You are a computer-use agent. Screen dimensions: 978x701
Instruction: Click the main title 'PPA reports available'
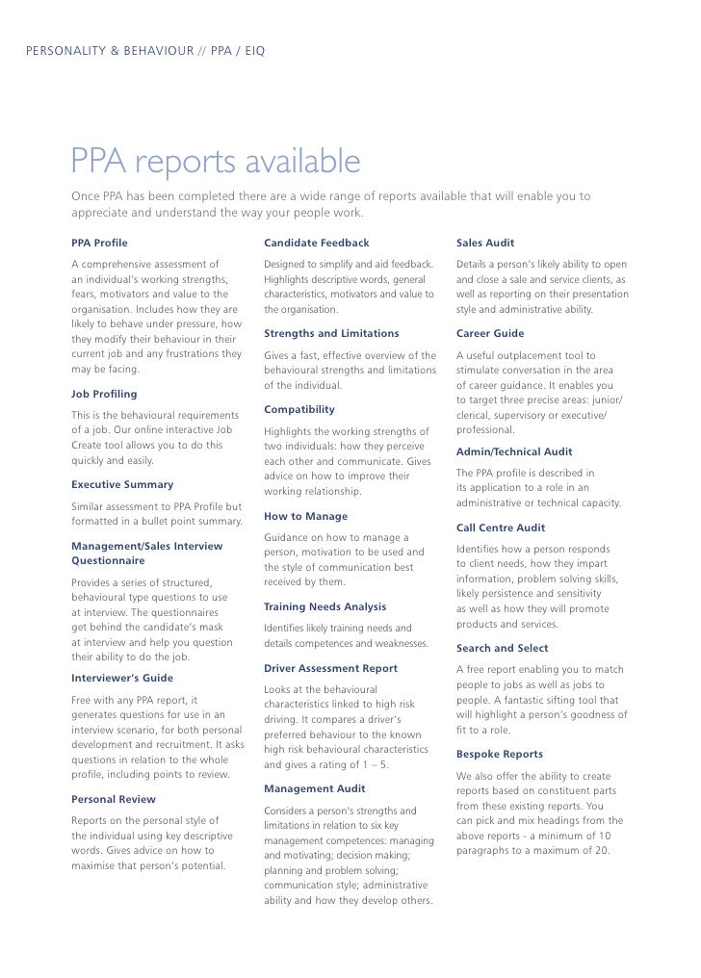click(x=215, y=164)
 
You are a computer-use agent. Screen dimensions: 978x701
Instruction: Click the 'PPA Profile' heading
click(x=99, y=243)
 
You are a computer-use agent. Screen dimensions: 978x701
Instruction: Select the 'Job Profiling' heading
click(x=104, y=394)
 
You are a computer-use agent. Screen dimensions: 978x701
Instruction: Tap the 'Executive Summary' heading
click(x=122, y=484)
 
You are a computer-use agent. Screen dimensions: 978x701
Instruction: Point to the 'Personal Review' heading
click(x=114, y=799)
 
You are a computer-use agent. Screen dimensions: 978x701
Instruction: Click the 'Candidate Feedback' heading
click(x=316, y=243)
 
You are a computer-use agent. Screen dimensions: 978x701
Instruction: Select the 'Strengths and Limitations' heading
click(x=331, y=333)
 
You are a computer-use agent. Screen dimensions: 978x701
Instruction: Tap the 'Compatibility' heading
click(x=299, y=409)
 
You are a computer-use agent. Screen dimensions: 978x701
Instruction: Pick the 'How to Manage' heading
click(x=305, y=516)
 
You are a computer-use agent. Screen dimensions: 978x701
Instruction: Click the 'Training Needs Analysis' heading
click(x=325, y=606)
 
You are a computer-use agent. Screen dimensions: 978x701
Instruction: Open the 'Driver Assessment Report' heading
click(x=330, y=667)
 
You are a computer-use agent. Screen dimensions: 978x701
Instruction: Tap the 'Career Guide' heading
click(x=490, y=333)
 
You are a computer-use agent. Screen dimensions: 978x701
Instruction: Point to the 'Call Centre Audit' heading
click(x=501, y=528)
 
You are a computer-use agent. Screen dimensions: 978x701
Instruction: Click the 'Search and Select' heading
click(x=503, y=648)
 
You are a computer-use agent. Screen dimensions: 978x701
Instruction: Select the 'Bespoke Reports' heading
click(x=500, y=754)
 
